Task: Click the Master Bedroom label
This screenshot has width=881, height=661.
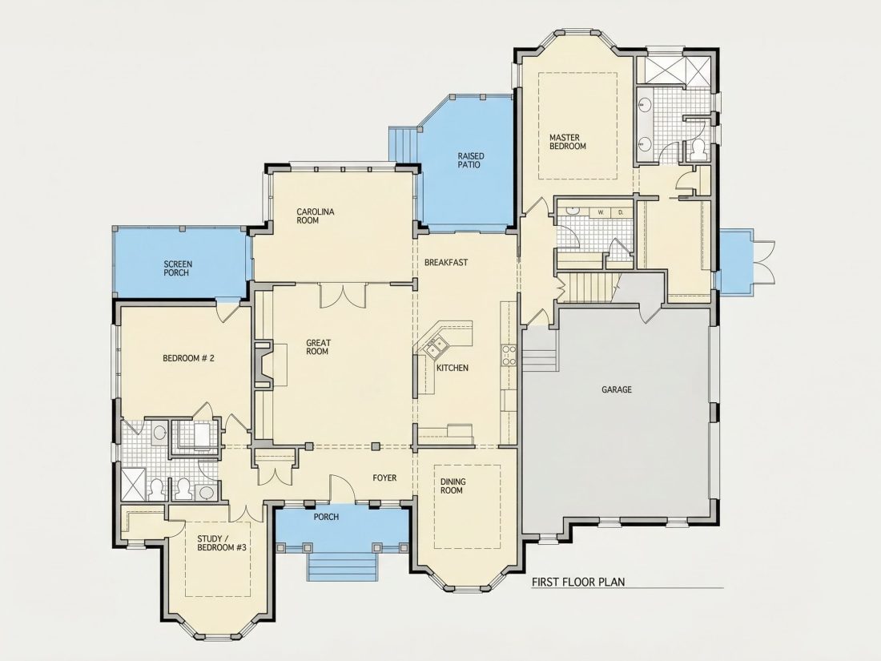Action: pos(568,142)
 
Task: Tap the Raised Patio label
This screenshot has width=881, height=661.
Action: pos(470,160)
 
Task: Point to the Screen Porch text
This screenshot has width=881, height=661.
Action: pos(178,268)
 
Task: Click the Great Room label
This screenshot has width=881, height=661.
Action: pos(318,347)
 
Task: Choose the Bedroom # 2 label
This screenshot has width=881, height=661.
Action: pos(188,358)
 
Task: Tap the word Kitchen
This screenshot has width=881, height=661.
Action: pos(453,368)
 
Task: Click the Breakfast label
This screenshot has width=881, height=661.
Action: pos(446,263)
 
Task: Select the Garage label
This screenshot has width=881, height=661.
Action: pos(617,389)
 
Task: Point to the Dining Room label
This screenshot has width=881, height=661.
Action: pos(453,486)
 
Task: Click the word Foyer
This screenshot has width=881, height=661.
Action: pos(384,478)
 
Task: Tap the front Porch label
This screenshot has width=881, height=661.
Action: pos(326,517)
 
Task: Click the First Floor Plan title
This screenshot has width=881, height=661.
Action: pos(578,582)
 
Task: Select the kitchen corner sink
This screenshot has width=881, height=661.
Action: pos(434,346)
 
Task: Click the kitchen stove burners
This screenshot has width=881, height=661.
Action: pos(509,356)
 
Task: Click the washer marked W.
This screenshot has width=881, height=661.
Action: pos(601,212)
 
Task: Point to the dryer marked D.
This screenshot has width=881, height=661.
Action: pos(621,212)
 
